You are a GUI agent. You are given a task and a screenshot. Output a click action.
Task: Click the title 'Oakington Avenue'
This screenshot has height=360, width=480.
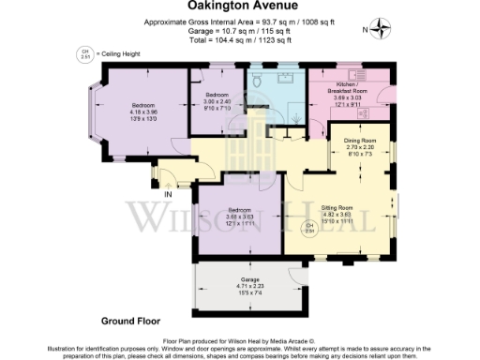239,7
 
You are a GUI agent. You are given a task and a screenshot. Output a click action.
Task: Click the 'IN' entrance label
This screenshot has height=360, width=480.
169,194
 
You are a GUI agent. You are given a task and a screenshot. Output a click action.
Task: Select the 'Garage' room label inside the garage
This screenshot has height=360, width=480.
248,279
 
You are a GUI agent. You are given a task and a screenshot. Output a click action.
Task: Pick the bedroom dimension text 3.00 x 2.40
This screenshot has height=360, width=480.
218,102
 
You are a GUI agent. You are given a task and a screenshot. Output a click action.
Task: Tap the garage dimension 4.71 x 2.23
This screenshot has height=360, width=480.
248,287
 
